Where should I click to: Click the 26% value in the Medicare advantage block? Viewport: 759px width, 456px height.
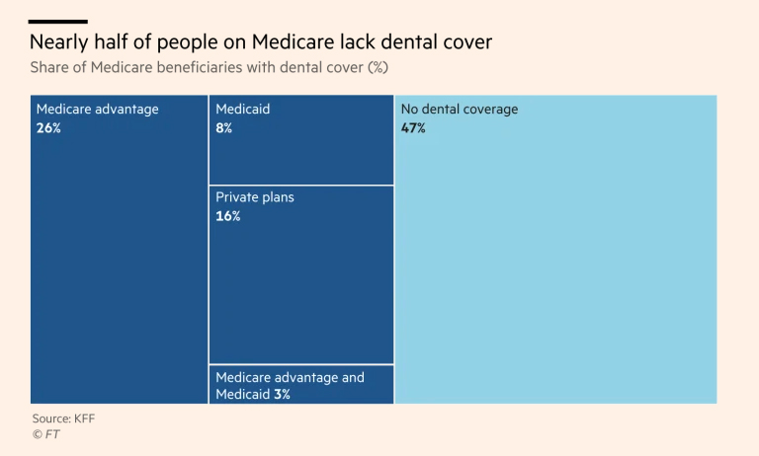(x=48, y=128)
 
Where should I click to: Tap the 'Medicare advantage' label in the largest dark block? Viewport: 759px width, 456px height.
(x=97, y=110)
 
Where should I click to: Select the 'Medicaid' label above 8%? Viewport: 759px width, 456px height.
(x=242, y=110)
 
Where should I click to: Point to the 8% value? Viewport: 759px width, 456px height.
(x=224, y=128)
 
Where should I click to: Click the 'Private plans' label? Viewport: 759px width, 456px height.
(x=255, y=197)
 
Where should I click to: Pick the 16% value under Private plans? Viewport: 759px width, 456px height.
(x=228, y=216)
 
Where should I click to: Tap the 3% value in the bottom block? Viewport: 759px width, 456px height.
(x=282, y=395)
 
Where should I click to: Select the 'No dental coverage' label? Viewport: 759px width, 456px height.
(x=459, y=110)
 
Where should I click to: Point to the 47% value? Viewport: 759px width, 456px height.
(x=413, y=128)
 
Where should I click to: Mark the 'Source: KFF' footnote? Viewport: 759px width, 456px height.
(x=63, y=418)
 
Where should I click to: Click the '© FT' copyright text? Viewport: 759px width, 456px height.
(x=45, y=434)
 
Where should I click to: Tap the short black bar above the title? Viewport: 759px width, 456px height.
(x=58, y=21)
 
